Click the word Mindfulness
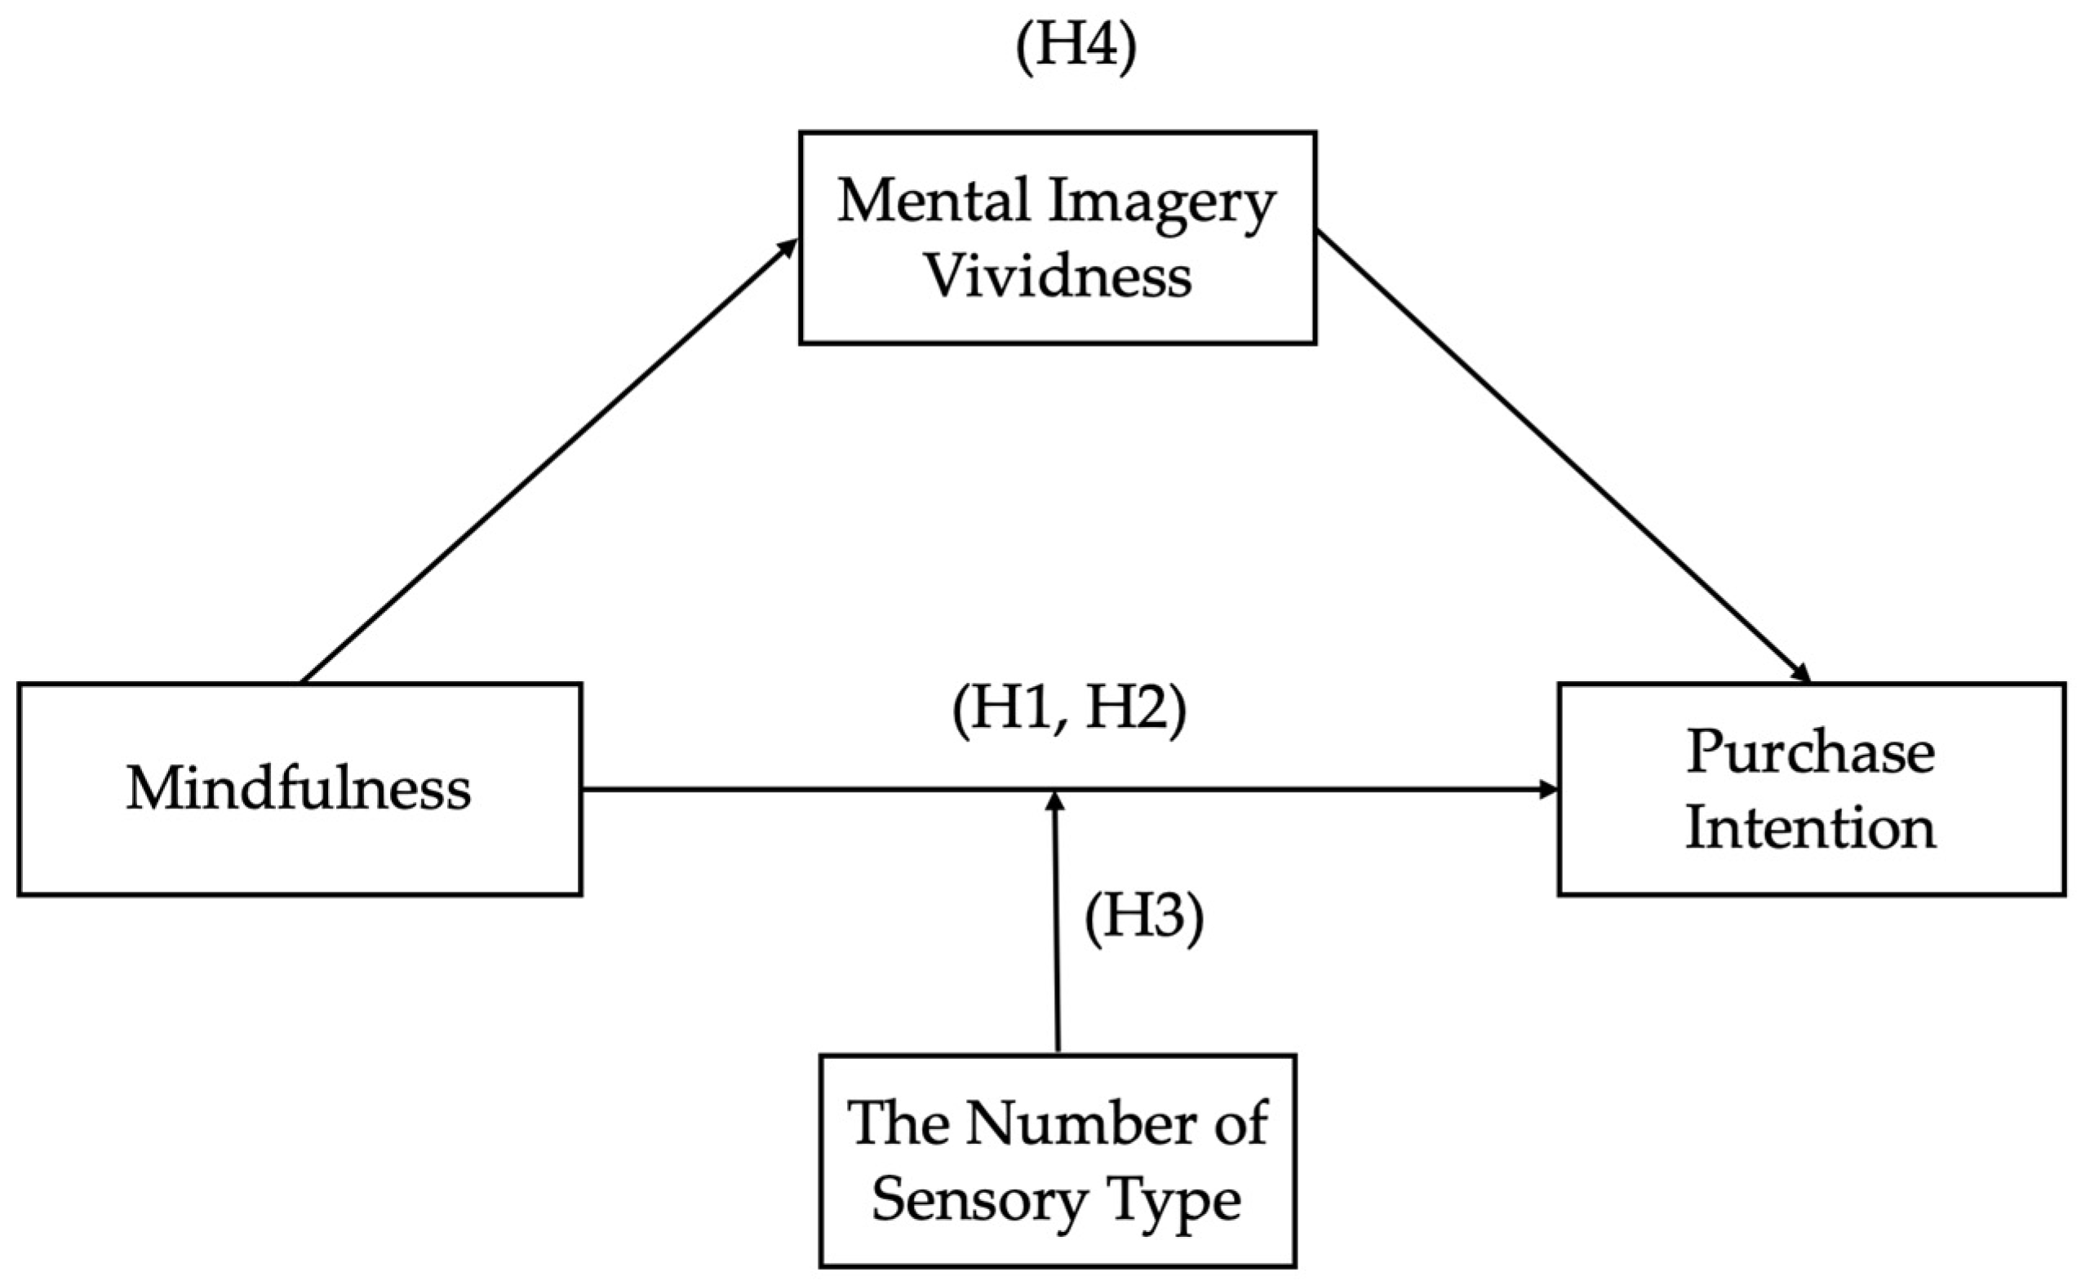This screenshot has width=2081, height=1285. [x=299, y=789]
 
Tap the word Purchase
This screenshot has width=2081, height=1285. [x=1811, y=752]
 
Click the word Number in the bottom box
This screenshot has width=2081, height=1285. [x=1078, y=1123]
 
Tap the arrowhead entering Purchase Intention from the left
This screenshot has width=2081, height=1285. [x=1549, y=791]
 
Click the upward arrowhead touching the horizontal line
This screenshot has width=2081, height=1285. [x=1055, y=800]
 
